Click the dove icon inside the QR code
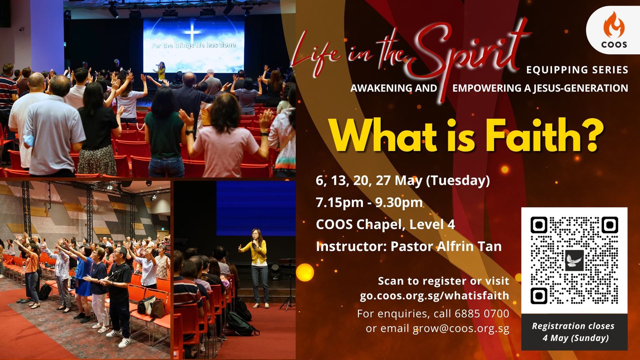pos(574,260)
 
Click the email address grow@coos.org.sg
pos(461,328)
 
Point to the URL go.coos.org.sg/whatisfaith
pos(434,296)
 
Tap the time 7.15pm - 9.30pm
pos(369,202)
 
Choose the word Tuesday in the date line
pos(458,180)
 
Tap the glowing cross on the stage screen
pos(192,32)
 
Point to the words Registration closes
pos(573,326)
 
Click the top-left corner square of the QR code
pos(539,225)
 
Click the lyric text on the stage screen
pos(194,45)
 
